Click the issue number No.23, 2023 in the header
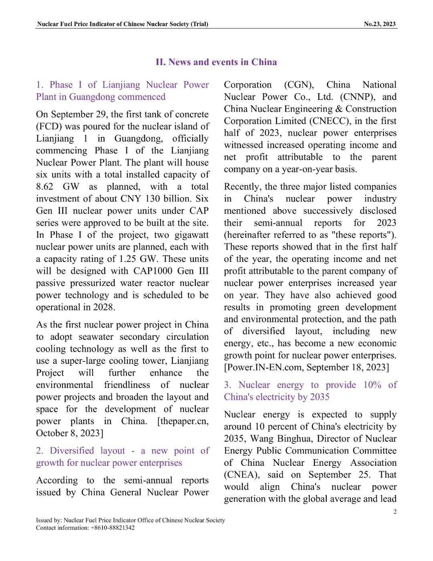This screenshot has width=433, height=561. pos(379,24)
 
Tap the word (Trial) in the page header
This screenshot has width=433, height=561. pos(199,24)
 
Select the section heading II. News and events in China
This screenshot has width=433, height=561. pos(216,62)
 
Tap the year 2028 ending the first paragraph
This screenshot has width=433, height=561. pos(104,307)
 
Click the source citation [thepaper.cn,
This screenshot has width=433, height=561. pos(183,421)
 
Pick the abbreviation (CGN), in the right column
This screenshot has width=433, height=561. pos(299,85)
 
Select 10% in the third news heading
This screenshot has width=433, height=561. pos(372,385)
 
